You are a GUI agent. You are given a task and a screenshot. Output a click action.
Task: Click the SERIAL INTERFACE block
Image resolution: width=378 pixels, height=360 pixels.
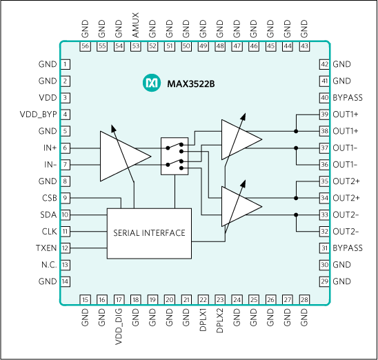(x=149, y=233)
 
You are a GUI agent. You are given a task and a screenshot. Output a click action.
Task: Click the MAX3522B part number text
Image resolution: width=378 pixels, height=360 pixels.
(x=191, y=84)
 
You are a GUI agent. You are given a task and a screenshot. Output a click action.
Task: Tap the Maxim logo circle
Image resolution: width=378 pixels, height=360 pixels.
(x=151, y=83)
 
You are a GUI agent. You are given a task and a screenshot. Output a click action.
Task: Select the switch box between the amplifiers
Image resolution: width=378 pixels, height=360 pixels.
(x=175, y=156)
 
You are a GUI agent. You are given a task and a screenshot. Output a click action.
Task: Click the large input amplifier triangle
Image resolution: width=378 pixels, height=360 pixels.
(x=121, y=157)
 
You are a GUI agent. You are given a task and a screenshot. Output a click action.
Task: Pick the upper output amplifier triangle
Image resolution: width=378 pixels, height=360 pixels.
(x=238, y=139)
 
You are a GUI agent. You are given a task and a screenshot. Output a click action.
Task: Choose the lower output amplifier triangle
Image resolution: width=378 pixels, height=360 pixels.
(x=238, y=206)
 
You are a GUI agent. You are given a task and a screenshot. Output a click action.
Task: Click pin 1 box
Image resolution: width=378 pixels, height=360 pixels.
(x=66, y=64)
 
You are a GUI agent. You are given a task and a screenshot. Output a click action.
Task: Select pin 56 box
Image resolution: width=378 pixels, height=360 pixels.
(x=86, y=46)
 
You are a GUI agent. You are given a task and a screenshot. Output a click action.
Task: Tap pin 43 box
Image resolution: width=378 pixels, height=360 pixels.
(x=304, y=46)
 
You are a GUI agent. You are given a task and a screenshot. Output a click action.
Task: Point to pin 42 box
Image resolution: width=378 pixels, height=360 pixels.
(x=324, y=64)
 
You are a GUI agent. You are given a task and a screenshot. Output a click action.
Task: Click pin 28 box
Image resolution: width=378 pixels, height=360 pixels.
(x=304, y=300)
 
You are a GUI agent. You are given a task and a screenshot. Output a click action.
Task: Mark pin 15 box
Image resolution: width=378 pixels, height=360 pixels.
(x=86, y=300)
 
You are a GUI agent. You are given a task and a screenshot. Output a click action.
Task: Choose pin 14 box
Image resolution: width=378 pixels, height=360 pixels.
(x=66, y=281)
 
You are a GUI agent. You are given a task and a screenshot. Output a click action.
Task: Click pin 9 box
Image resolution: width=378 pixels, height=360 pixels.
(x=66, y=198)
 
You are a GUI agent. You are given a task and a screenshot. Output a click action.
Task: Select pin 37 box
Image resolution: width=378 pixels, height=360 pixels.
(x=324, y=148)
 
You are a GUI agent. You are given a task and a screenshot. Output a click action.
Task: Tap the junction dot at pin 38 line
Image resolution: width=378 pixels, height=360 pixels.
(x=296, y=131)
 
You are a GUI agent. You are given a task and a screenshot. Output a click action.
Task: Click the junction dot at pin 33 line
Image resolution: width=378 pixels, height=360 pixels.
(x=296, y=214)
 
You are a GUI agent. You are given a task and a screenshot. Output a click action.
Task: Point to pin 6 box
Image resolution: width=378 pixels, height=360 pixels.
(x=66, y=148)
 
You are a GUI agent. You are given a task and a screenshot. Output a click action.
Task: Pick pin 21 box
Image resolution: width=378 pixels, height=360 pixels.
(x=186, y=300)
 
